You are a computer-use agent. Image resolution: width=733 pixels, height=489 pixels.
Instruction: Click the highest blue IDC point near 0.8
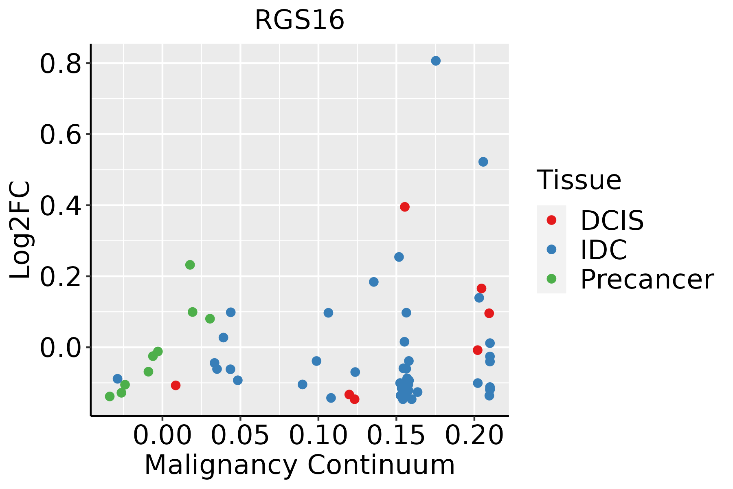[x=436, y=61]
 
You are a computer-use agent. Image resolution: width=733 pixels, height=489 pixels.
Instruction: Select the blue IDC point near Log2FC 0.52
[x=483, y=162]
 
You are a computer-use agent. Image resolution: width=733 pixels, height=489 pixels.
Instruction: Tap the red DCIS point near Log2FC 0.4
[x=404, y=207]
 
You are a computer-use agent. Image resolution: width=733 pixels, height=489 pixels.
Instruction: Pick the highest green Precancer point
[x=190, y=265]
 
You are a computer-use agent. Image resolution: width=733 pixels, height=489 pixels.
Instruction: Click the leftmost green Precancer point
[x=110, y=396]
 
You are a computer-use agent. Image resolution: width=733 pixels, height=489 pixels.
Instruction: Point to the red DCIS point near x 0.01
[x=176, y=385]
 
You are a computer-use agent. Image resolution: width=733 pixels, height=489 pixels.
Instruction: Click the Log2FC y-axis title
[x=20, y=230]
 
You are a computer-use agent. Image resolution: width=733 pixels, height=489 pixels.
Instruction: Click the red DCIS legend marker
[x=551, y=220]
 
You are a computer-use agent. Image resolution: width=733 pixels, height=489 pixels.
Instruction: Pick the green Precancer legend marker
[x=551, y=279]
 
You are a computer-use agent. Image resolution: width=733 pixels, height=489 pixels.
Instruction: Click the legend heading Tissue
[x=579, y=180]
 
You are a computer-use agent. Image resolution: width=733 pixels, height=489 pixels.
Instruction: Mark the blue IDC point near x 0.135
[x=373, y=282]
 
